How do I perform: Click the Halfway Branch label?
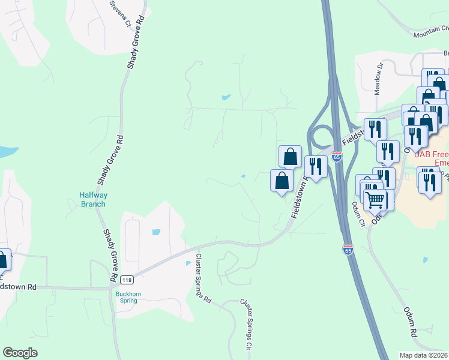tap(92, 199)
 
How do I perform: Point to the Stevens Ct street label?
tap(120, 14)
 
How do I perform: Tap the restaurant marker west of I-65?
tap(315, 166)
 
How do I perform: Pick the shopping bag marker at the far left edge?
tap(2, 260)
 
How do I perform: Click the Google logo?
tap(20, 353)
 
